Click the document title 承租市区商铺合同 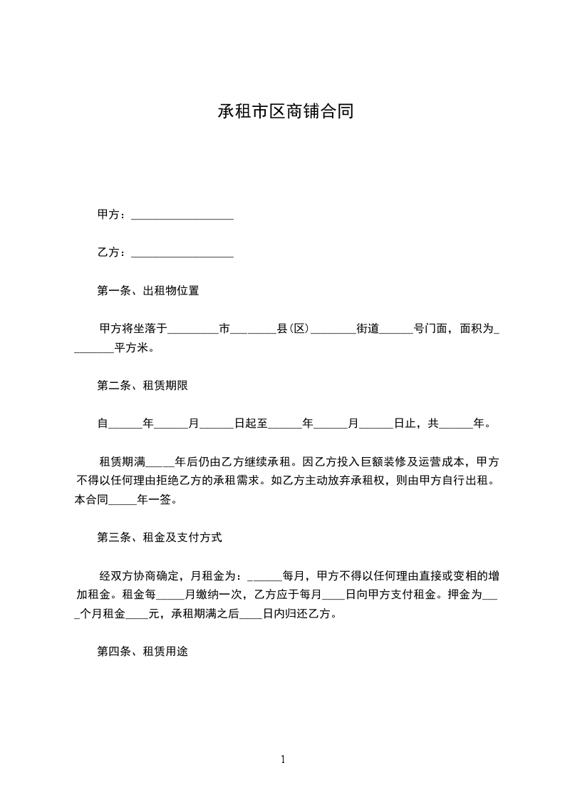coord(285,112)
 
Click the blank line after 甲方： coord(182,215)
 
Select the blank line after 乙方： coord(182,252)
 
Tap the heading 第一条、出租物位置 coord(147,291)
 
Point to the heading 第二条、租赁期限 coord(142,386)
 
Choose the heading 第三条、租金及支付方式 coord(159,538)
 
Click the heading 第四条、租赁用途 coord(142,652)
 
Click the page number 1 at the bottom coord(283,759)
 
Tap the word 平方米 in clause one coord(130,349)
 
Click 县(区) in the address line coord(292,329)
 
